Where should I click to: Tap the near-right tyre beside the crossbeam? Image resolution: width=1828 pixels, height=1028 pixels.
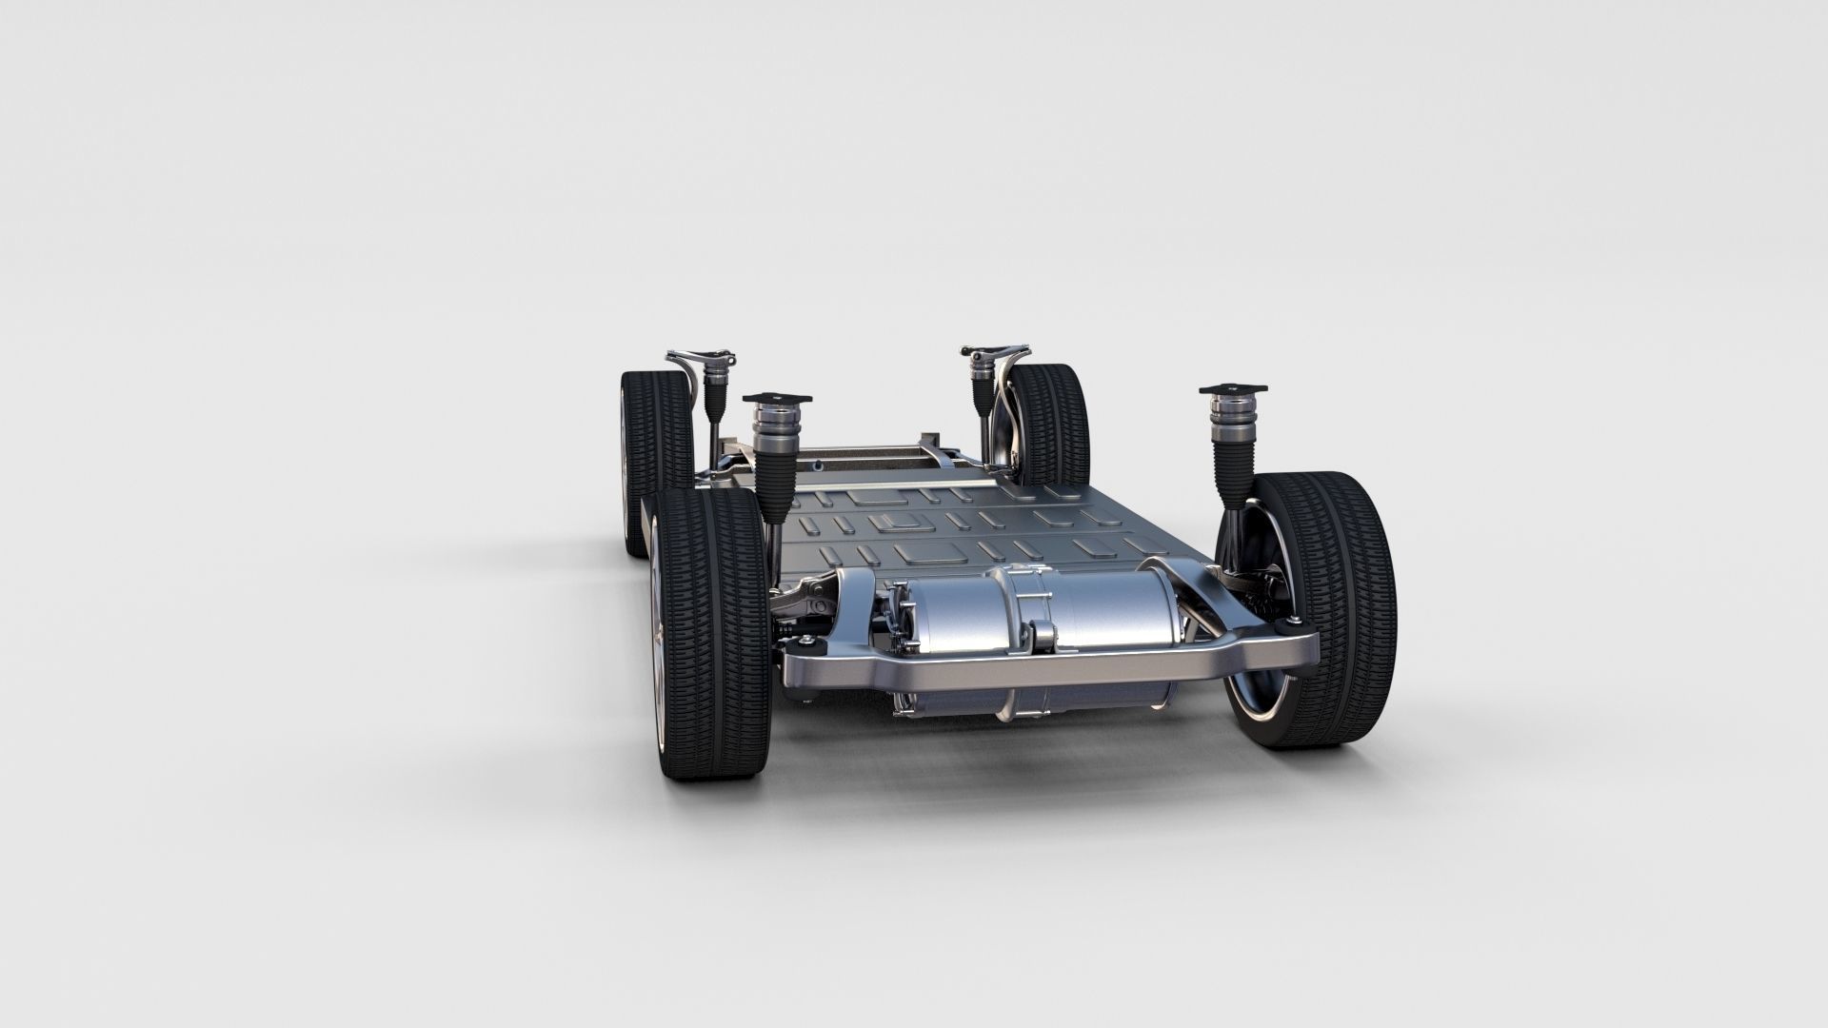pyautogui.click(x=1333, y=609)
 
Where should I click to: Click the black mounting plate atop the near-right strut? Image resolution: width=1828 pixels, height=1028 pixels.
pyautogui.click(x=1235, y=390)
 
